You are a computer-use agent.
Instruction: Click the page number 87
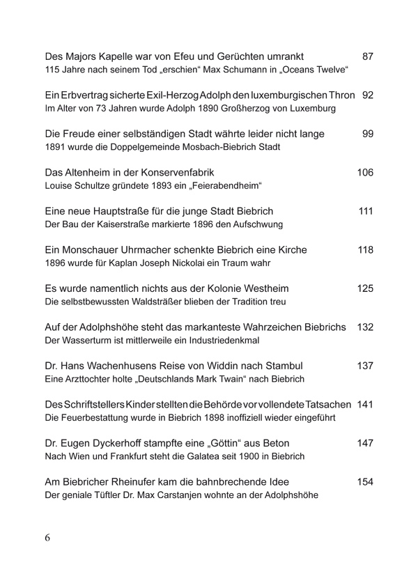pyautogui.click(x=369, y=56)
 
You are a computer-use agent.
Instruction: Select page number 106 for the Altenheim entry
pyautogui.click(x=365, y=172)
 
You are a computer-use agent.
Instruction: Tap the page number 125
pyautogui.click(x=365, y=288)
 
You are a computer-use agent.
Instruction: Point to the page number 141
pyautogui.click(x=365, y=404)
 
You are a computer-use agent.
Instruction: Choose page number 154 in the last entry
pyautogui.click(x=365, y=481)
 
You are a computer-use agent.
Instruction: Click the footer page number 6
pyautogui.click(x=47, y=538)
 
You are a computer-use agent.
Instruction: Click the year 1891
pyautogui.click(x=56, y=148)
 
